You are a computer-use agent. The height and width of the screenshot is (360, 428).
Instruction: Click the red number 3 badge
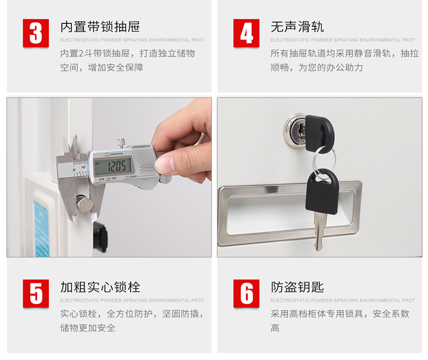pyautogui.click(x=36, y=33)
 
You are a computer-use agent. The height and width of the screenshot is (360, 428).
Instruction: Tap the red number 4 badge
pyautogui.click(x=246, y=33)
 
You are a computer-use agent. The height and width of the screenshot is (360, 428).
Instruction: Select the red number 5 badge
pyautogui.click(x=36, y=294)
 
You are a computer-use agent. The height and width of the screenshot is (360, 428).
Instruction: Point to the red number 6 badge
pyautogui.click(x=246, y=294)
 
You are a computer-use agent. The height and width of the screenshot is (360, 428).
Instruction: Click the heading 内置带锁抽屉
pyautogui.click(x=100, y=27)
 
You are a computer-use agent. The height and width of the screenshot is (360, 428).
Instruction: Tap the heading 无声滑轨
pyautogui.click(x=297, y=27)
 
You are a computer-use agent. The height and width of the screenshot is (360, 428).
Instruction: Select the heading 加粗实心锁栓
pyautogui.click(x=100, y=287)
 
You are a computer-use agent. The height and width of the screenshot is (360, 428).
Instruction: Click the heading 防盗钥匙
pyautogui.click(x=297, y=287)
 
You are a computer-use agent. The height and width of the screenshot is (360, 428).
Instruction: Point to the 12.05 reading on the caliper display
pyautogui.click(x=116, y=166)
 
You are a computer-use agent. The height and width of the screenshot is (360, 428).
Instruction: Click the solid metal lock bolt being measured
pyautogui.click(x=84, y=203)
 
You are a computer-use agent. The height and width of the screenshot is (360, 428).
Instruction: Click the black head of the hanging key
pyautogui.click(x=322, y=192)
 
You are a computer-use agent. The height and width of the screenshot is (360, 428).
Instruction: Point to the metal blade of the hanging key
pyautogui.click(x=319, y=232)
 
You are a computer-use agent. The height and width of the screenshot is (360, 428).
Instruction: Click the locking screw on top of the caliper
pyautogui.click(x=121, y=142)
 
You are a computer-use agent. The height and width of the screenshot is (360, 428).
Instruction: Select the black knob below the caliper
pyautogui.click(x=100, y=236)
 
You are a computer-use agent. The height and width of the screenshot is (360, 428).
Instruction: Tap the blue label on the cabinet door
pyautogui.click(x=42, y=229)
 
